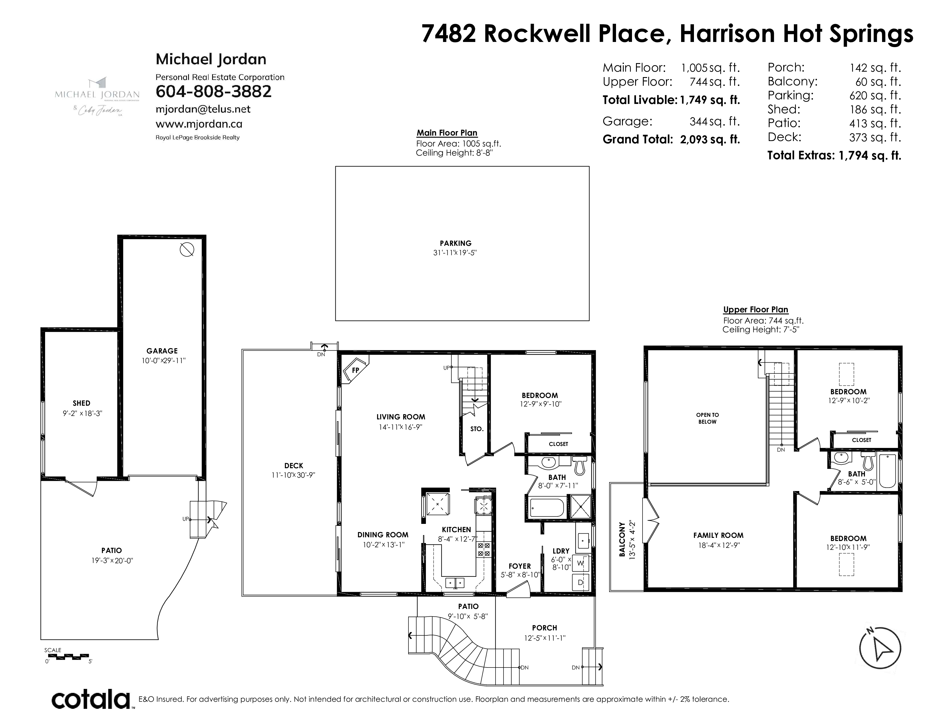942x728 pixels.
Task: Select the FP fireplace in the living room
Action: (355, 370)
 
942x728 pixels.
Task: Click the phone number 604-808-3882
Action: (214, 91)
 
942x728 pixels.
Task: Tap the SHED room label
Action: (82, 403)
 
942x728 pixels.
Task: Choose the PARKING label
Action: (456, 243)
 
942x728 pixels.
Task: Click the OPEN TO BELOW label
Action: (707, 418)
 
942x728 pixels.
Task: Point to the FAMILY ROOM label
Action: (718, 535)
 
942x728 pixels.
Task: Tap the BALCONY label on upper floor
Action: (622, 540)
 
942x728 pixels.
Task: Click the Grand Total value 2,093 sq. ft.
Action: (710, 139)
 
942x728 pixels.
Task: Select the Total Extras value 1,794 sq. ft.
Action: (869, 155)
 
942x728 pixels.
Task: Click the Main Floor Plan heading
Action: (447, 133)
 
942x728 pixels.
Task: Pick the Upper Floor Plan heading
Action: (756, 310)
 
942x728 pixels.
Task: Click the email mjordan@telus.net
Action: (203, 109)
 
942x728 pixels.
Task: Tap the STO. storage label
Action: (477, 429)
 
